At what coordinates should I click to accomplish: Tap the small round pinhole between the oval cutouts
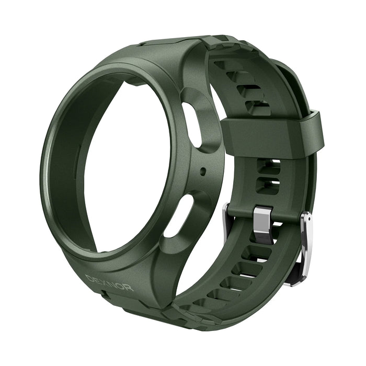pos(203,170)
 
